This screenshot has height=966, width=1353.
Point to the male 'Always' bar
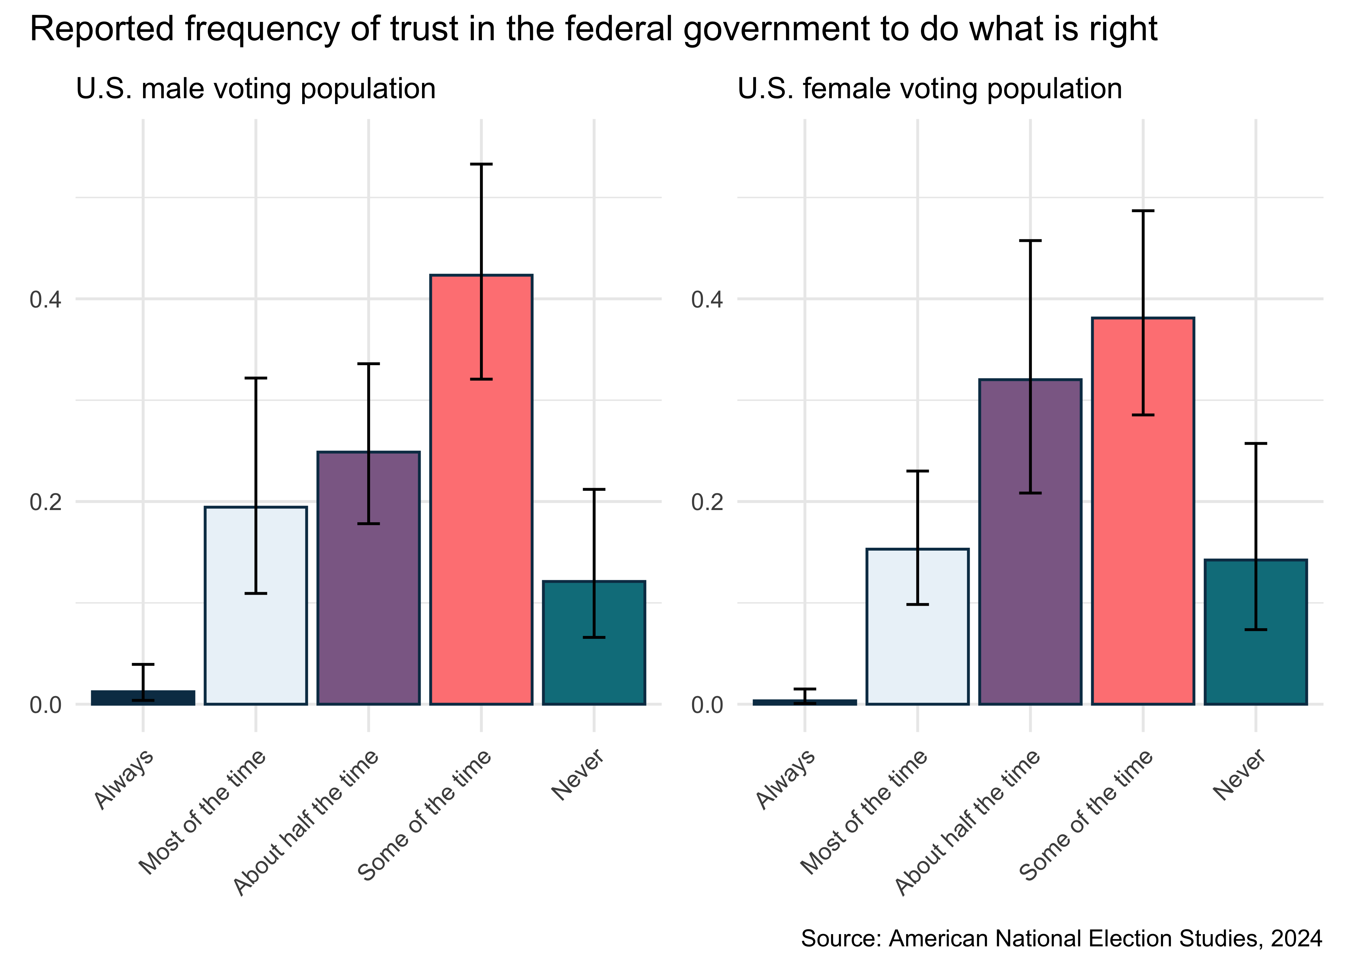point(143,698)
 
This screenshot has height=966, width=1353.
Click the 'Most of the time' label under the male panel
point(202,812)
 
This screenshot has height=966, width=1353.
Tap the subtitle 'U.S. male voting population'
point(256,89)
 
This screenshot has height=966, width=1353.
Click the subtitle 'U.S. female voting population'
point(929,89)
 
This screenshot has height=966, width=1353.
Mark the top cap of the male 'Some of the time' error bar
point(481,164)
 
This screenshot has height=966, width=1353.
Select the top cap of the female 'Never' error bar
point(1255,443)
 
